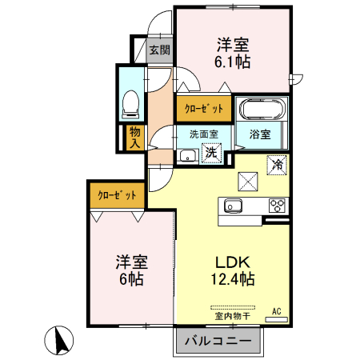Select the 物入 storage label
[x=134, y=138]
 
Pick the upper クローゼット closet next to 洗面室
[x=203, y=107]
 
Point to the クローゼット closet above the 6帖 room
[x=117, y=194]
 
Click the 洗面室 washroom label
[x=203, y=134]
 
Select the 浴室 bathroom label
[x=260, y=134]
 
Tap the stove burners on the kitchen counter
[x=277, y=205]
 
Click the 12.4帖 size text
[x=233, y=281]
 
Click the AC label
[x=277, y=310]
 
